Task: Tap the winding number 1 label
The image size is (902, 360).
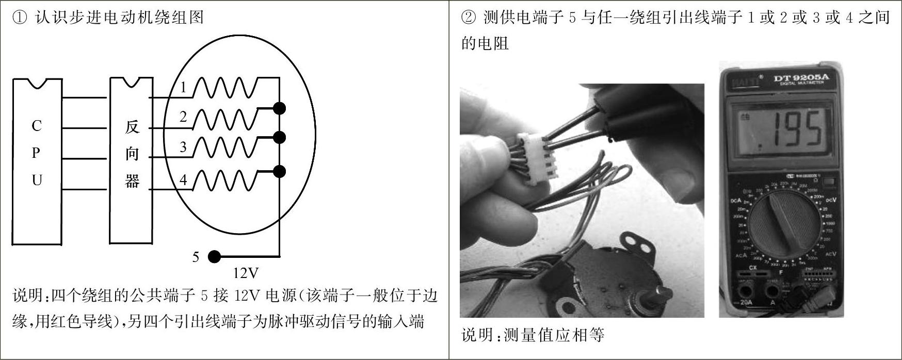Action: tap(183, 88)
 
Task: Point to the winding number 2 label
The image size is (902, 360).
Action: tap(183, 118)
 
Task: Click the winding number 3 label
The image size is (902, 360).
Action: tap(183, 148)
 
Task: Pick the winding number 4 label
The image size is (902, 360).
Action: tap(183, 180)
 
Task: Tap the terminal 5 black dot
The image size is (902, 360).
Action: tap(214, 256)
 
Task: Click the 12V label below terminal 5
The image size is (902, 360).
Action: tap(246, 272)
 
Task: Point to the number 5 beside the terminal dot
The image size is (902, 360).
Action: tap(196, 257)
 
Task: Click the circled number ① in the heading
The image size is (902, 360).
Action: tap(19, 18)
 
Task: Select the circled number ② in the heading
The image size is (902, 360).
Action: tap(468, 18)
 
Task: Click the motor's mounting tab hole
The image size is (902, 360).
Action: tap(637, 239)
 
